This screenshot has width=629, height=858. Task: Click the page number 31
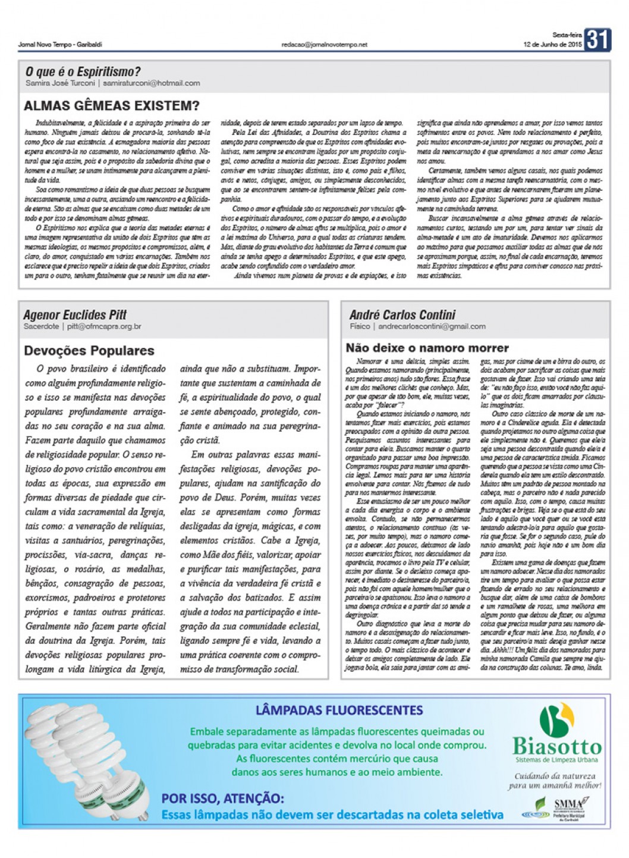(x=597, y=40)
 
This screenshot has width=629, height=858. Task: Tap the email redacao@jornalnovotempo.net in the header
(x=325, y=45)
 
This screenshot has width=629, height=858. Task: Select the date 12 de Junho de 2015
(x=552, y=45)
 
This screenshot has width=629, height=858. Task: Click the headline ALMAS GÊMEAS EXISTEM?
(x=112, y=106)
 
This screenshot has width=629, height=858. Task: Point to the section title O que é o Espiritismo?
(x=83, y=72)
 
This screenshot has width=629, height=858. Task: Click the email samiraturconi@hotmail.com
(x=151, y=83)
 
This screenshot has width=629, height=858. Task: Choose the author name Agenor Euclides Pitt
(x=75, y=315)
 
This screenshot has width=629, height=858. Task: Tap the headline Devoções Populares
(x=89, y=351)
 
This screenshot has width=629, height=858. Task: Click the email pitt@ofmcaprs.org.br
(x=104, y=326)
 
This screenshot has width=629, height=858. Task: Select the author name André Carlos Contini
(x=402, y=315)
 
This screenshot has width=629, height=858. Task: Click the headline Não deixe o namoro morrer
(x=427, y=348)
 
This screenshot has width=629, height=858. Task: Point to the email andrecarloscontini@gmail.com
(x=432, y=326)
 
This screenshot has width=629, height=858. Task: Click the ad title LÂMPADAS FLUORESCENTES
(x=339, y=710)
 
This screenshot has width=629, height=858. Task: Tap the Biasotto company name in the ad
(x=557, y=746)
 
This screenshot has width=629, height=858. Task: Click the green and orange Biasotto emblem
(x=556, y=719)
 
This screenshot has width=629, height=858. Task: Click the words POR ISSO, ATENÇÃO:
(x=222, y=799)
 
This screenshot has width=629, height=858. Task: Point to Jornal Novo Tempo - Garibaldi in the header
(x=60, y=45)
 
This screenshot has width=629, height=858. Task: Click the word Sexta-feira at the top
(x=567, y=35)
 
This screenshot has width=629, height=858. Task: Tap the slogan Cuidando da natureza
(x=555, y=776)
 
